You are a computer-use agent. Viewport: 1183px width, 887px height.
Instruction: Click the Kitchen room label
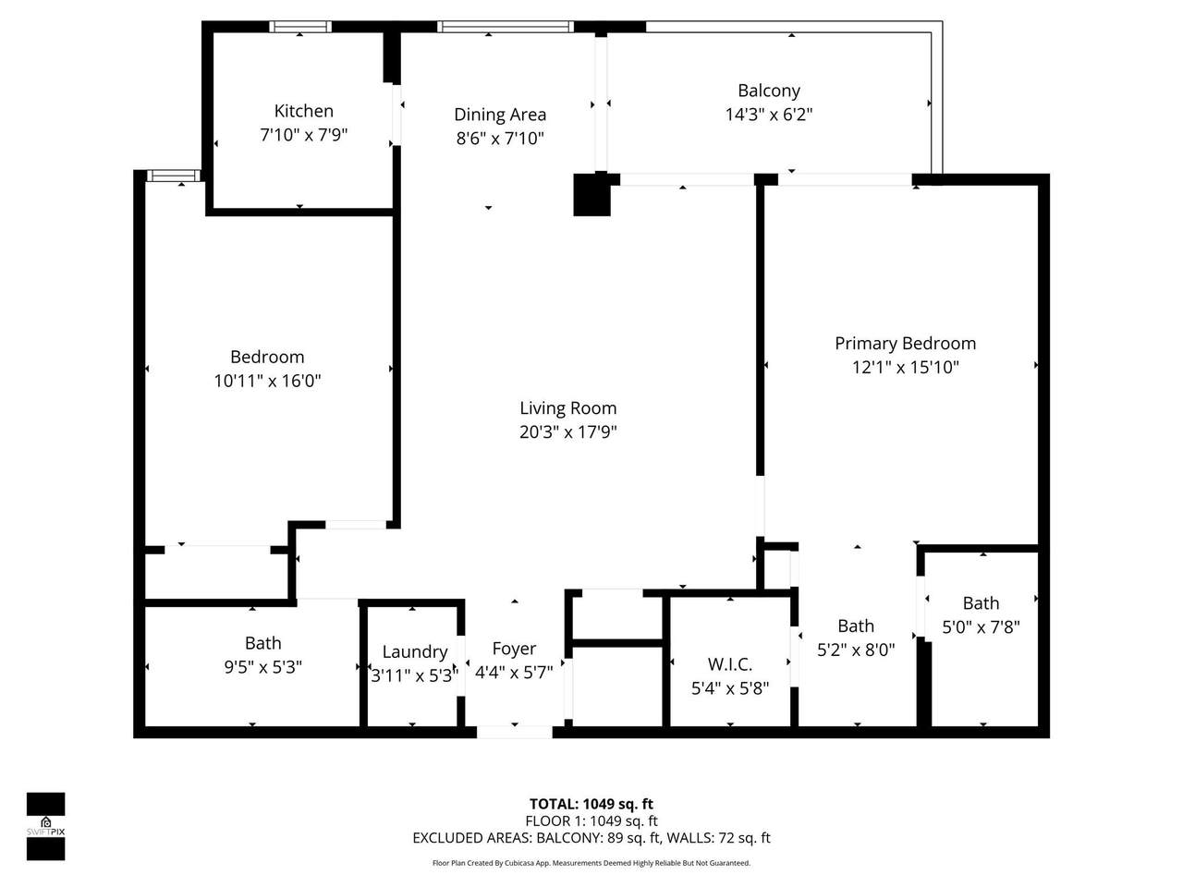pos(303,111)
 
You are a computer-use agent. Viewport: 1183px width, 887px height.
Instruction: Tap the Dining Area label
pos(500,115)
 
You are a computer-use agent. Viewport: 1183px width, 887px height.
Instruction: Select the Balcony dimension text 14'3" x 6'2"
pos(769,115)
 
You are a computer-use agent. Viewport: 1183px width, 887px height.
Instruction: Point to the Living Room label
pos(568,408)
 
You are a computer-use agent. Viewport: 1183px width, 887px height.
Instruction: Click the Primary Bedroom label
pos(905,344)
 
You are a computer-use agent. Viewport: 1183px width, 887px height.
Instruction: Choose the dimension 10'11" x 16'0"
pos(267,382)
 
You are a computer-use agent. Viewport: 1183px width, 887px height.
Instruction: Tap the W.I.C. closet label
pos(730,664)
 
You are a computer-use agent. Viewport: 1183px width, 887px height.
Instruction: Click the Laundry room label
pos(414,652)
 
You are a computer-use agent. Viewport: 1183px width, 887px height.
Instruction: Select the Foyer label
pos(514,649)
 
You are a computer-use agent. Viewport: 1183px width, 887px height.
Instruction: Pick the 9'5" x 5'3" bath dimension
pos(263,667)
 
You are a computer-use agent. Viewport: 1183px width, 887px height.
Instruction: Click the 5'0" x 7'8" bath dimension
pos(981,626)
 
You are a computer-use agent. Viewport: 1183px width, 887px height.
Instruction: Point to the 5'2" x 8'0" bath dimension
pos(856,650)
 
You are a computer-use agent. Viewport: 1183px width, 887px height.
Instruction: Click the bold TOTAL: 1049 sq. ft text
pos(591,804)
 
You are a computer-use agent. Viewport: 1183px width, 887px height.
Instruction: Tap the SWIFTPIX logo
pos(46,826)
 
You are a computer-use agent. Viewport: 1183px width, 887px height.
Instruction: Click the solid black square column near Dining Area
pos(591,194)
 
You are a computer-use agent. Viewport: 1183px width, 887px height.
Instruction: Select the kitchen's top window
pos(300,27)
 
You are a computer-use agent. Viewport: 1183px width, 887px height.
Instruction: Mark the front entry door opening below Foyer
pos(514,732)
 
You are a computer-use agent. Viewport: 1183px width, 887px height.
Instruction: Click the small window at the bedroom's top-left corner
pos(174,176)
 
